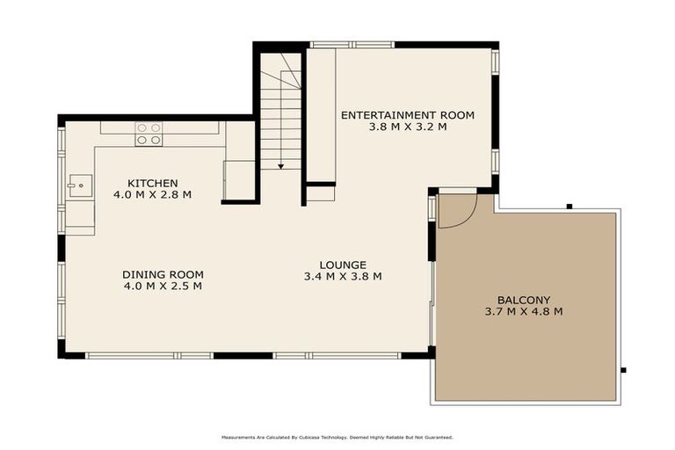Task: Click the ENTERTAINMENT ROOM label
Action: (x=407, y=115)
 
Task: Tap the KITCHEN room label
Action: (x=152, y=183)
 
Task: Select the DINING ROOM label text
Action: (x=163, y=274)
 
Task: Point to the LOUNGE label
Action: (x=342, y=265)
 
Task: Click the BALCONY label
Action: (x=523, y=299)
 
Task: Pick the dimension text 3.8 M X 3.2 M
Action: (x=407, y=127)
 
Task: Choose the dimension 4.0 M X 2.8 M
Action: (x=152, y=195)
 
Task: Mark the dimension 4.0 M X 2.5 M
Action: (x=163, y=286)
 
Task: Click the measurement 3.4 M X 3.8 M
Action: (x=342, y=277)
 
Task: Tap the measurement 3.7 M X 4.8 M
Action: (x=523, y=311)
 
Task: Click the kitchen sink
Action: (x=80, y=185)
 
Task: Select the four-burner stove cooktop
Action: (x=149, y=134)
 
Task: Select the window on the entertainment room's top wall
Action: (x=352, y=44)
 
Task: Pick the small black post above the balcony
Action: (x=569, y=206)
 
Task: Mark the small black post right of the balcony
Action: (x=623, y=369)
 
